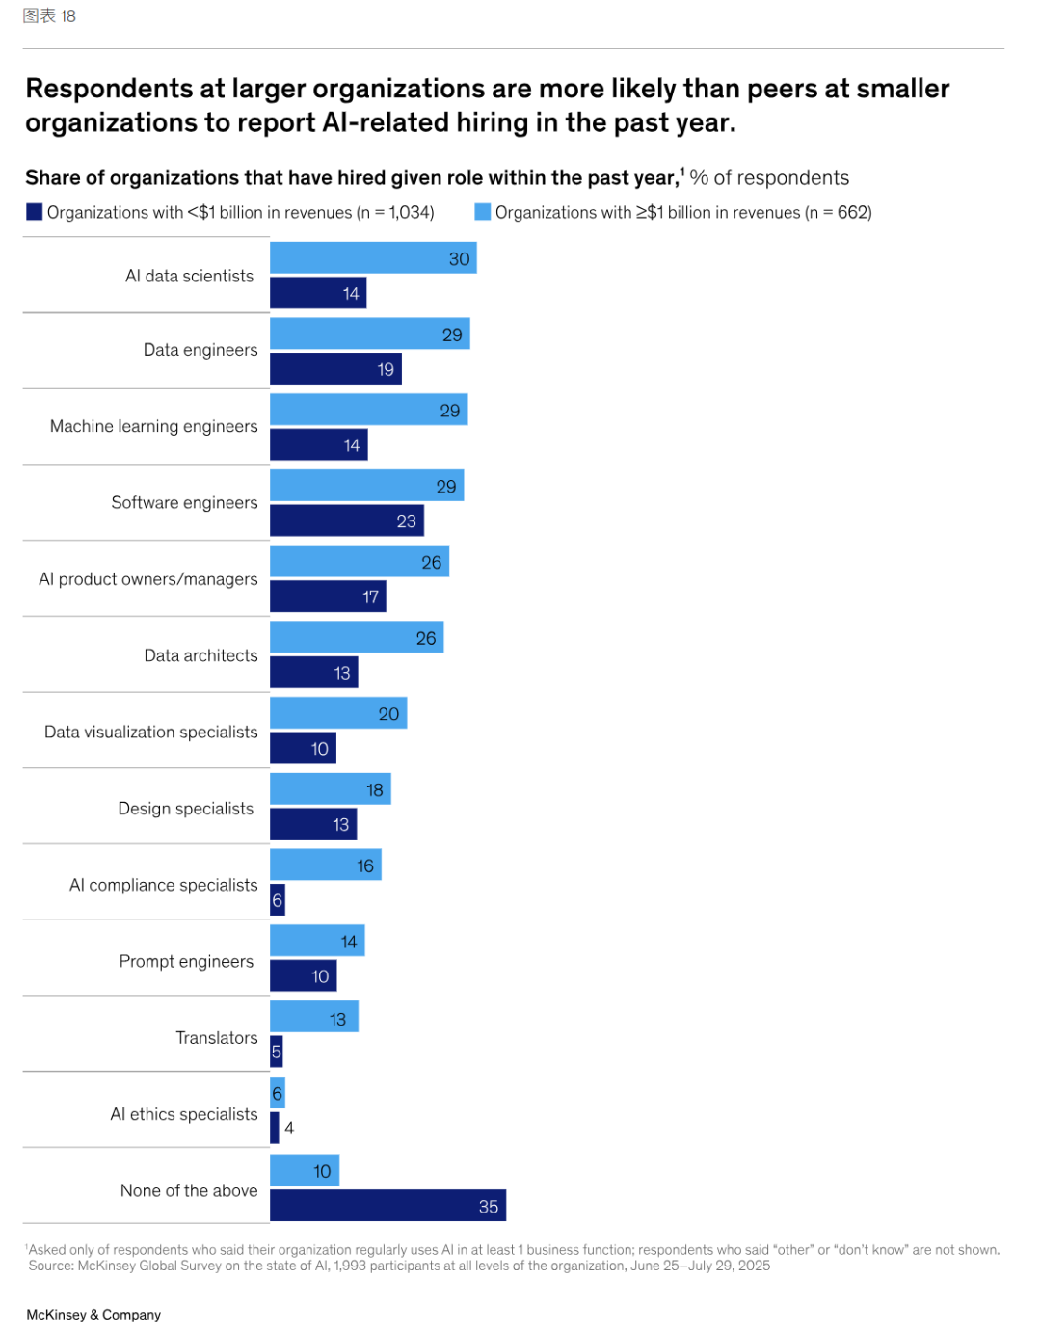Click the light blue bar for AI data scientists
pos(373,258)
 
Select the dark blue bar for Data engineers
pos(335,369)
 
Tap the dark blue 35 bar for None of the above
pos(387,1206)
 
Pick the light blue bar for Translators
pos(313,1017)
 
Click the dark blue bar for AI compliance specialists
pos(278,900)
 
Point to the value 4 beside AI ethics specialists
pos(289,1128)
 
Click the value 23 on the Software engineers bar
pos(406,521)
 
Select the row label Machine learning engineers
pos(154,426)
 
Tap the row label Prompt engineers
pos(186,961)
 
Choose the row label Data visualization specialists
pos(151,732)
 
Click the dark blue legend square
pos(35,212)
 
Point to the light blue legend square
pos(483,212)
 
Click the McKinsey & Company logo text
pos(93,1315)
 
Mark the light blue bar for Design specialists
pos(330,789)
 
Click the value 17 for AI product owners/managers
pos(370,598)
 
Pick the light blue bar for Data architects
pos(357,637)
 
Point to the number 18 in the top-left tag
pos(67,16)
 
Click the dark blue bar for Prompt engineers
pos(303,976)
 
